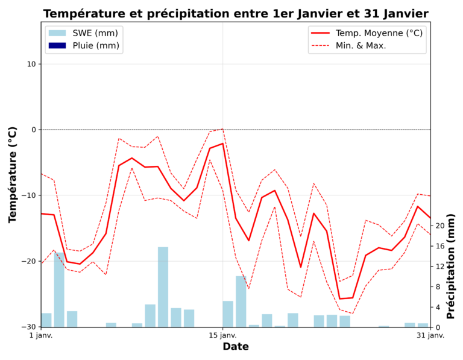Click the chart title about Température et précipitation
(x=236, y=14)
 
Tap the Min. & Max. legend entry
(x=361, y=46)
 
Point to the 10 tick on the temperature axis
(x=31, y=64)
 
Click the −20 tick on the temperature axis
(x=28, y=261)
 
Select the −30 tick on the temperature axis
(x=28, y=327)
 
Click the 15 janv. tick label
(x=223, y=336)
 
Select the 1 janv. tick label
(x=41, y=336)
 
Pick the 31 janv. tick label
(x=430, y=336)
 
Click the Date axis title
(x=236, y=347)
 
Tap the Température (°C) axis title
(x=13, y=175)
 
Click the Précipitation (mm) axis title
(x=452, y=266)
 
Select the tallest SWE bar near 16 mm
(x=163, y=287)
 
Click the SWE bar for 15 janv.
(x=228, y=314)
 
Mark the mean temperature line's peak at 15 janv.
(x=223, y=144)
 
